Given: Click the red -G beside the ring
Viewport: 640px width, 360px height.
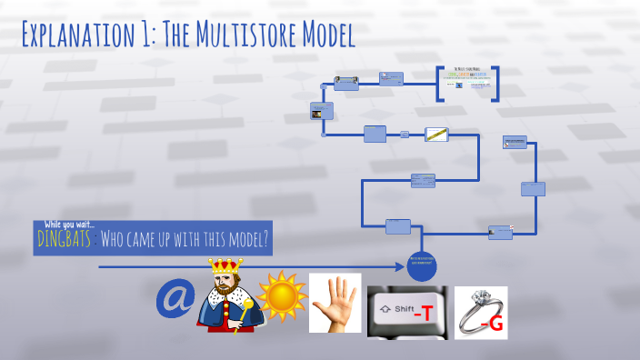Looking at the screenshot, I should click(490, 320).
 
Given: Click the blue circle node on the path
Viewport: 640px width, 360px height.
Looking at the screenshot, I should click(422, 266).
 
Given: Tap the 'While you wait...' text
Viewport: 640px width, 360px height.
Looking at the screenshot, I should click(69, 225).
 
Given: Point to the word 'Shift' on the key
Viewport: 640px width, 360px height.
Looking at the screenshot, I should click(403, 310).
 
